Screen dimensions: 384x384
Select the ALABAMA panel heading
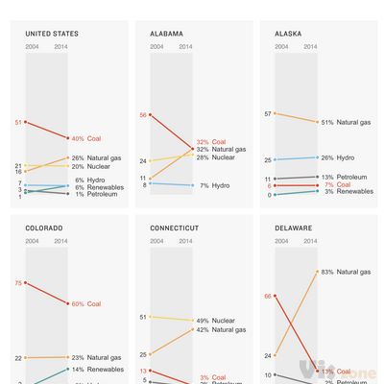[x=168, y=34]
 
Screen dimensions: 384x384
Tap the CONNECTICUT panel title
[x=177, y=228]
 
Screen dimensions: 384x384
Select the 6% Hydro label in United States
[x=89, y=180]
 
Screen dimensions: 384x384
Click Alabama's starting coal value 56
[x=143, y=115]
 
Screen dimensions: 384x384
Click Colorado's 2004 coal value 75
[x=18, y=283]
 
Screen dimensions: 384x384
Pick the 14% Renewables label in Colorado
[x=97, y=369]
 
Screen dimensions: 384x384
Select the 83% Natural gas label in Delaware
[x=341, y=272]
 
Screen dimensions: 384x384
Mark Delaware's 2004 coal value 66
[x=268, y=296]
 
